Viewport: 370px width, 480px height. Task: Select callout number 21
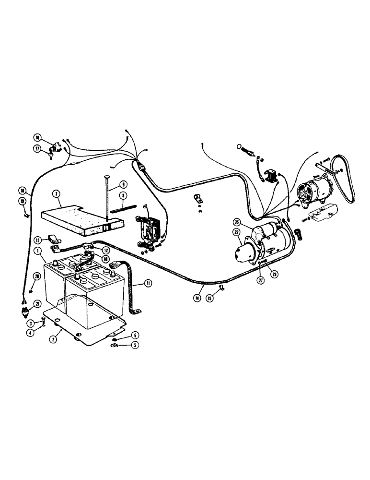(36, 303)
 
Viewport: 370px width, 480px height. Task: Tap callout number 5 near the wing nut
(135, 344)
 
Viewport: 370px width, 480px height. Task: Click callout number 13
(37, 240)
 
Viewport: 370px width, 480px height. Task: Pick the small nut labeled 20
(31, 290)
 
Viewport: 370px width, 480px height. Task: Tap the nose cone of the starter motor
(241, 250)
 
